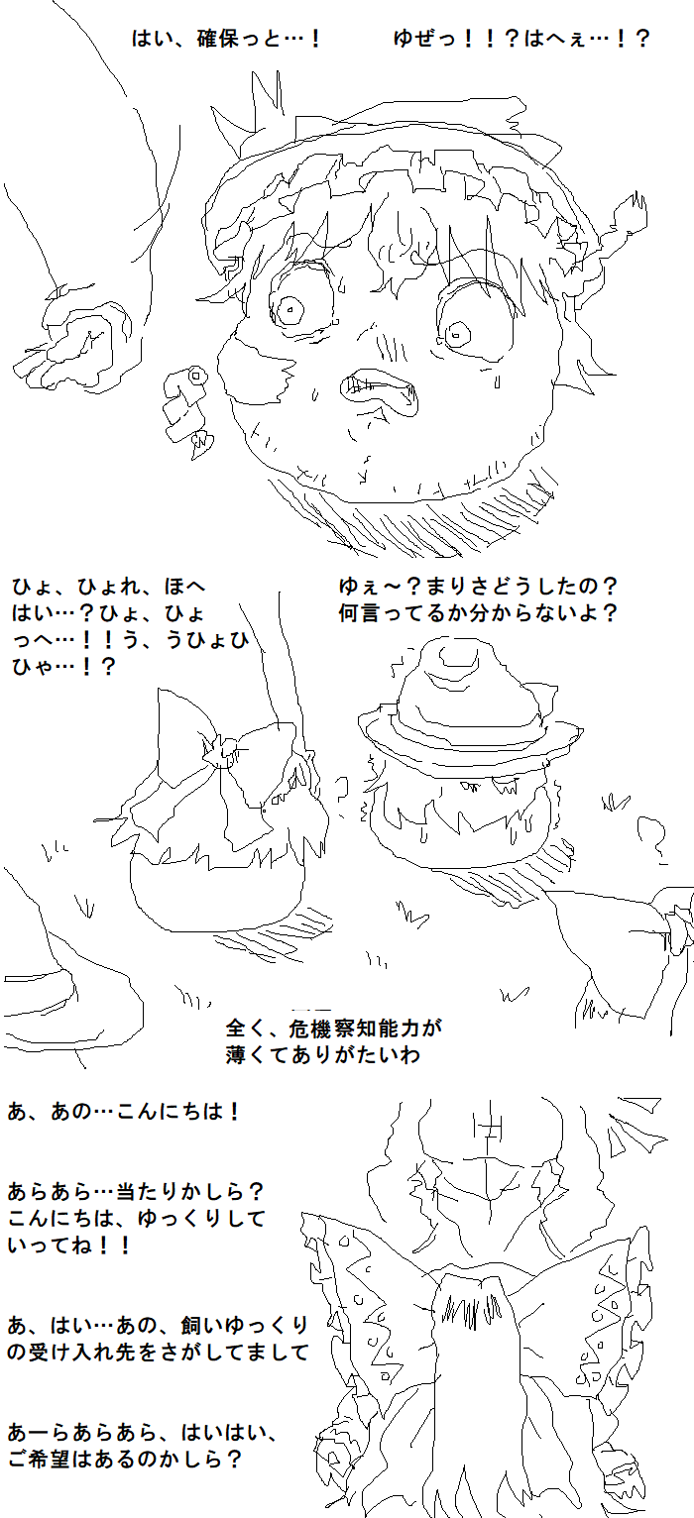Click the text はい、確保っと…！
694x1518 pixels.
tap(226, 39)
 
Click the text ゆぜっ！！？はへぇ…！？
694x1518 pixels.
tap(521, 39)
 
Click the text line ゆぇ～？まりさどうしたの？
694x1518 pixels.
tap(478, 586)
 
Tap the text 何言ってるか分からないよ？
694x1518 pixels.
tap(478, 613)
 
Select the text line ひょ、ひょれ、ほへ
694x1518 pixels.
tap(109, 586)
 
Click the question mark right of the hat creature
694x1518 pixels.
tap(652, 839)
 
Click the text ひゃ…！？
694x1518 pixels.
tap(63, 667)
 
